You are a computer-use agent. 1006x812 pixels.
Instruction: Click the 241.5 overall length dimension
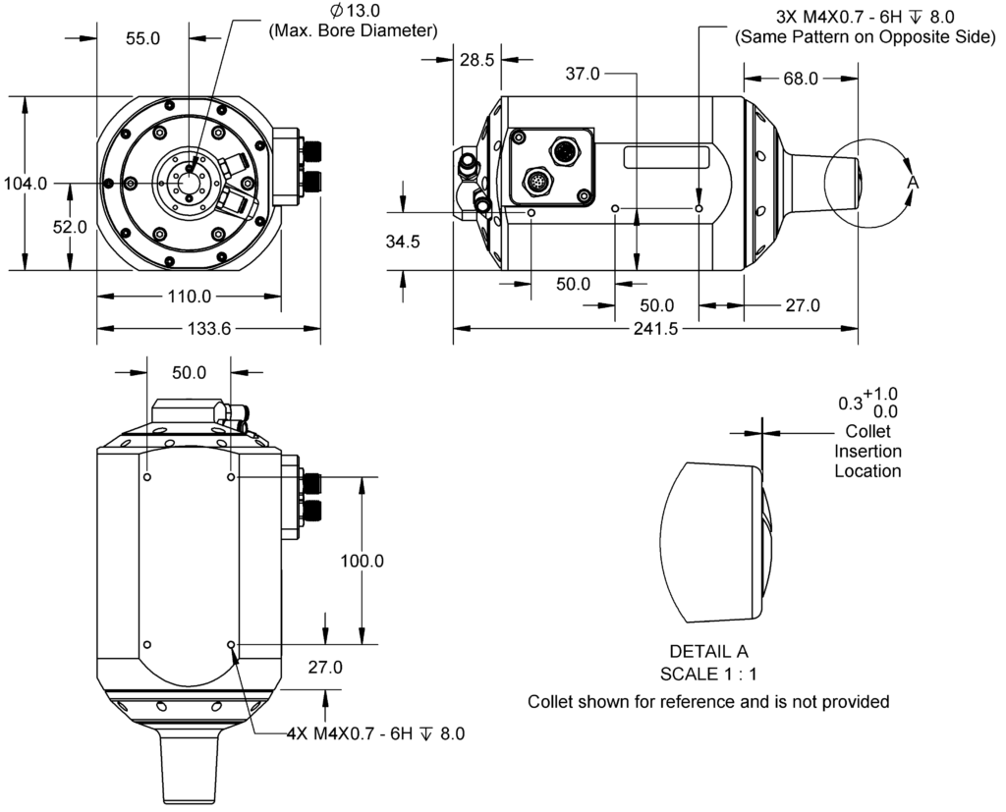coord(658,330)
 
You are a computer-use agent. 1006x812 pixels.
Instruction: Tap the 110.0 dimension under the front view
coord(189,297)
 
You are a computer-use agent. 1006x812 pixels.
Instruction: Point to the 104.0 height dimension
coord(25,184)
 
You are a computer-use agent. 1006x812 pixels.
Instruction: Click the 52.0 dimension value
coord(69,227)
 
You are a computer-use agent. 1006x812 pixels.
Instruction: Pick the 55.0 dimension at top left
coord(143,37)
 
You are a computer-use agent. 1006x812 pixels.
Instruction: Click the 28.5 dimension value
coord(476,60)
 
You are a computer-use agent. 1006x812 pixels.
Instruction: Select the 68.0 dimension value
coord(800,79)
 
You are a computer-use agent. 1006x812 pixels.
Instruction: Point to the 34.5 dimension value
coord(402,242)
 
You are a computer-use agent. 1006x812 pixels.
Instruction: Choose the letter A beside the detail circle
coord(912,184)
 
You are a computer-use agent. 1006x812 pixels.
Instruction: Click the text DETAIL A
coord(708,652)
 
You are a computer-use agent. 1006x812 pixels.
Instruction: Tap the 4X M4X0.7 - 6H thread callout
coord(374,733)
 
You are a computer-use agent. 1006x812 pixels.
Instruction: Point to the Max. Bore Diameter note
coord(352,30)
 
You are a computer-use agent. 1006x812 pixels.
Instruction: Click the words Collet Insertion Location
coord(867,451)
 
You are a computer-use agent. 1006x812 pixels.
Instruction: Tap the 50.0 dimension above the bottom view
coord(189,373)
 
